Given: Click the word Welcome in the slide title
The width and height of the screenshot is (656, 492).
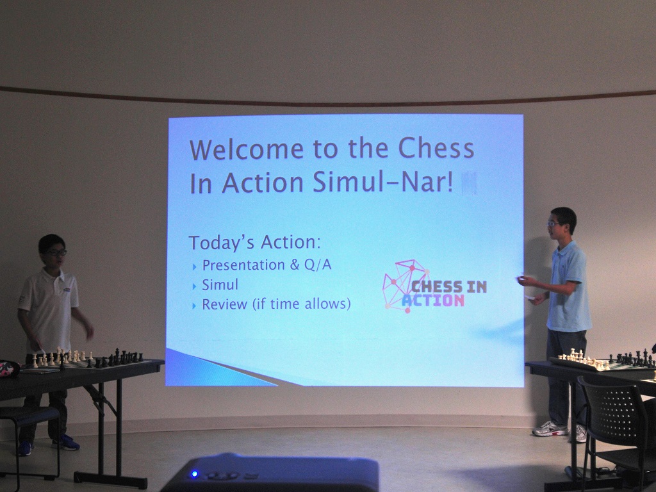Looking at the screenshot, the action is tap(247, 149).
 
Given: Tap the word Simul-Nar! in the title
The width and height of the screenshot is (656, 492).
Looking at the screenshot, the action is tap(383, 183).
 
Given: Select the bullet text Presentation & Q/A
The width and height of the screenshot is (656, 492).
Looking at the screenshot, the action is tap(266, 265).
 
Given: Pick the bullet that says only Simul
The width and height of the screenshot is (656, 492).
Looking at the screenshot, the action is tap(220, 285).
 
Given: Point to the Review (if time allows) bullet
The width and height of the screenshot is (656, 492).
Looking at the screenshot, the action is tap(276, 304).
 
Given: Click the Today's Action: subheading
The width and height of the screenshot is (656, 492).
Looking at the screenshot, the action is tap(255, 242).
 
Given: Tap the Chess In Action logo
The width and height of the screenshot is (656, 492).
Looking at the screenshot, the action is tap(434, 286).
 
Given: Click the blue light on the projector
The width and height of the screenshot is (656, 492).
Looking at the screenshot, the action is tap(195, 473).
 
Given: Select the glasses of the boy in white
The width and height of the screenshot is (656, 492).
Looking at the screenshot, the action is tap(56, 252).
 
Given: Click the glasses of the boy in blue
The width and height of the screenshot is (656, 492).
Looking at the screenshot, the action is tap(553, 224).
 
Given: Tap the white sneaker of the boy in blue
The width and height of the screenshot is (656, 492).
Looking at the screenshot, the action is tap(550, 429).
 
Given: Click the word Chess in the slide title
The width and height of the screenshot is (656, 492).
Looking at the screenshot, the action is tap(436, 148).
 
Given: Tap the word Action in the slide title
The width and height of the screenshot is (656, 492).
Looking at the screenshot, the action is tap(262, 183).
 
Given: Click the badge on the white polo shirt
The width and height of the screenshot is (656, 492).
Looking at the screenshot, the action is tap(66, 290).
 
